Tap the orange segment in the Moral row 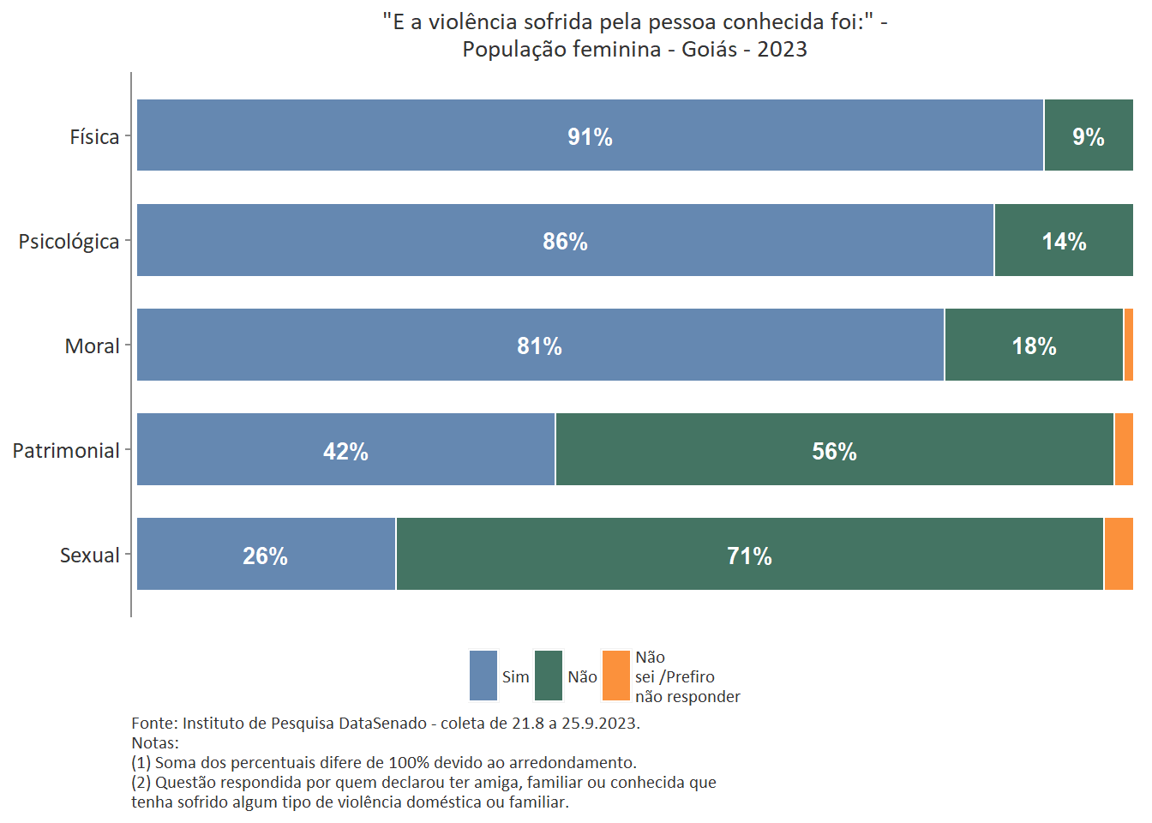1128,345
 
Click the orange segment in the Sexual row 1119,554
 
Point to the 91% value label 590,137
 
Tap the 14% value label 1064,242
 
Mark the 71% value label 749,556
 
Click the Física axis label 94,137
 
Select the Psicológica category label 69,242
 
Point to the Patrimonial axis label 66,451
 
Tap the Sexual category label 89,556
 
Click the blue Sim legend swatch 483,676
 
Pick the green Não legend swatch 549,676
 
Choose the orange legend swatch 616,676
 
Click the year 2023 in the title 782,49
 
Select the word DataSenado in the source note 382,723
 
